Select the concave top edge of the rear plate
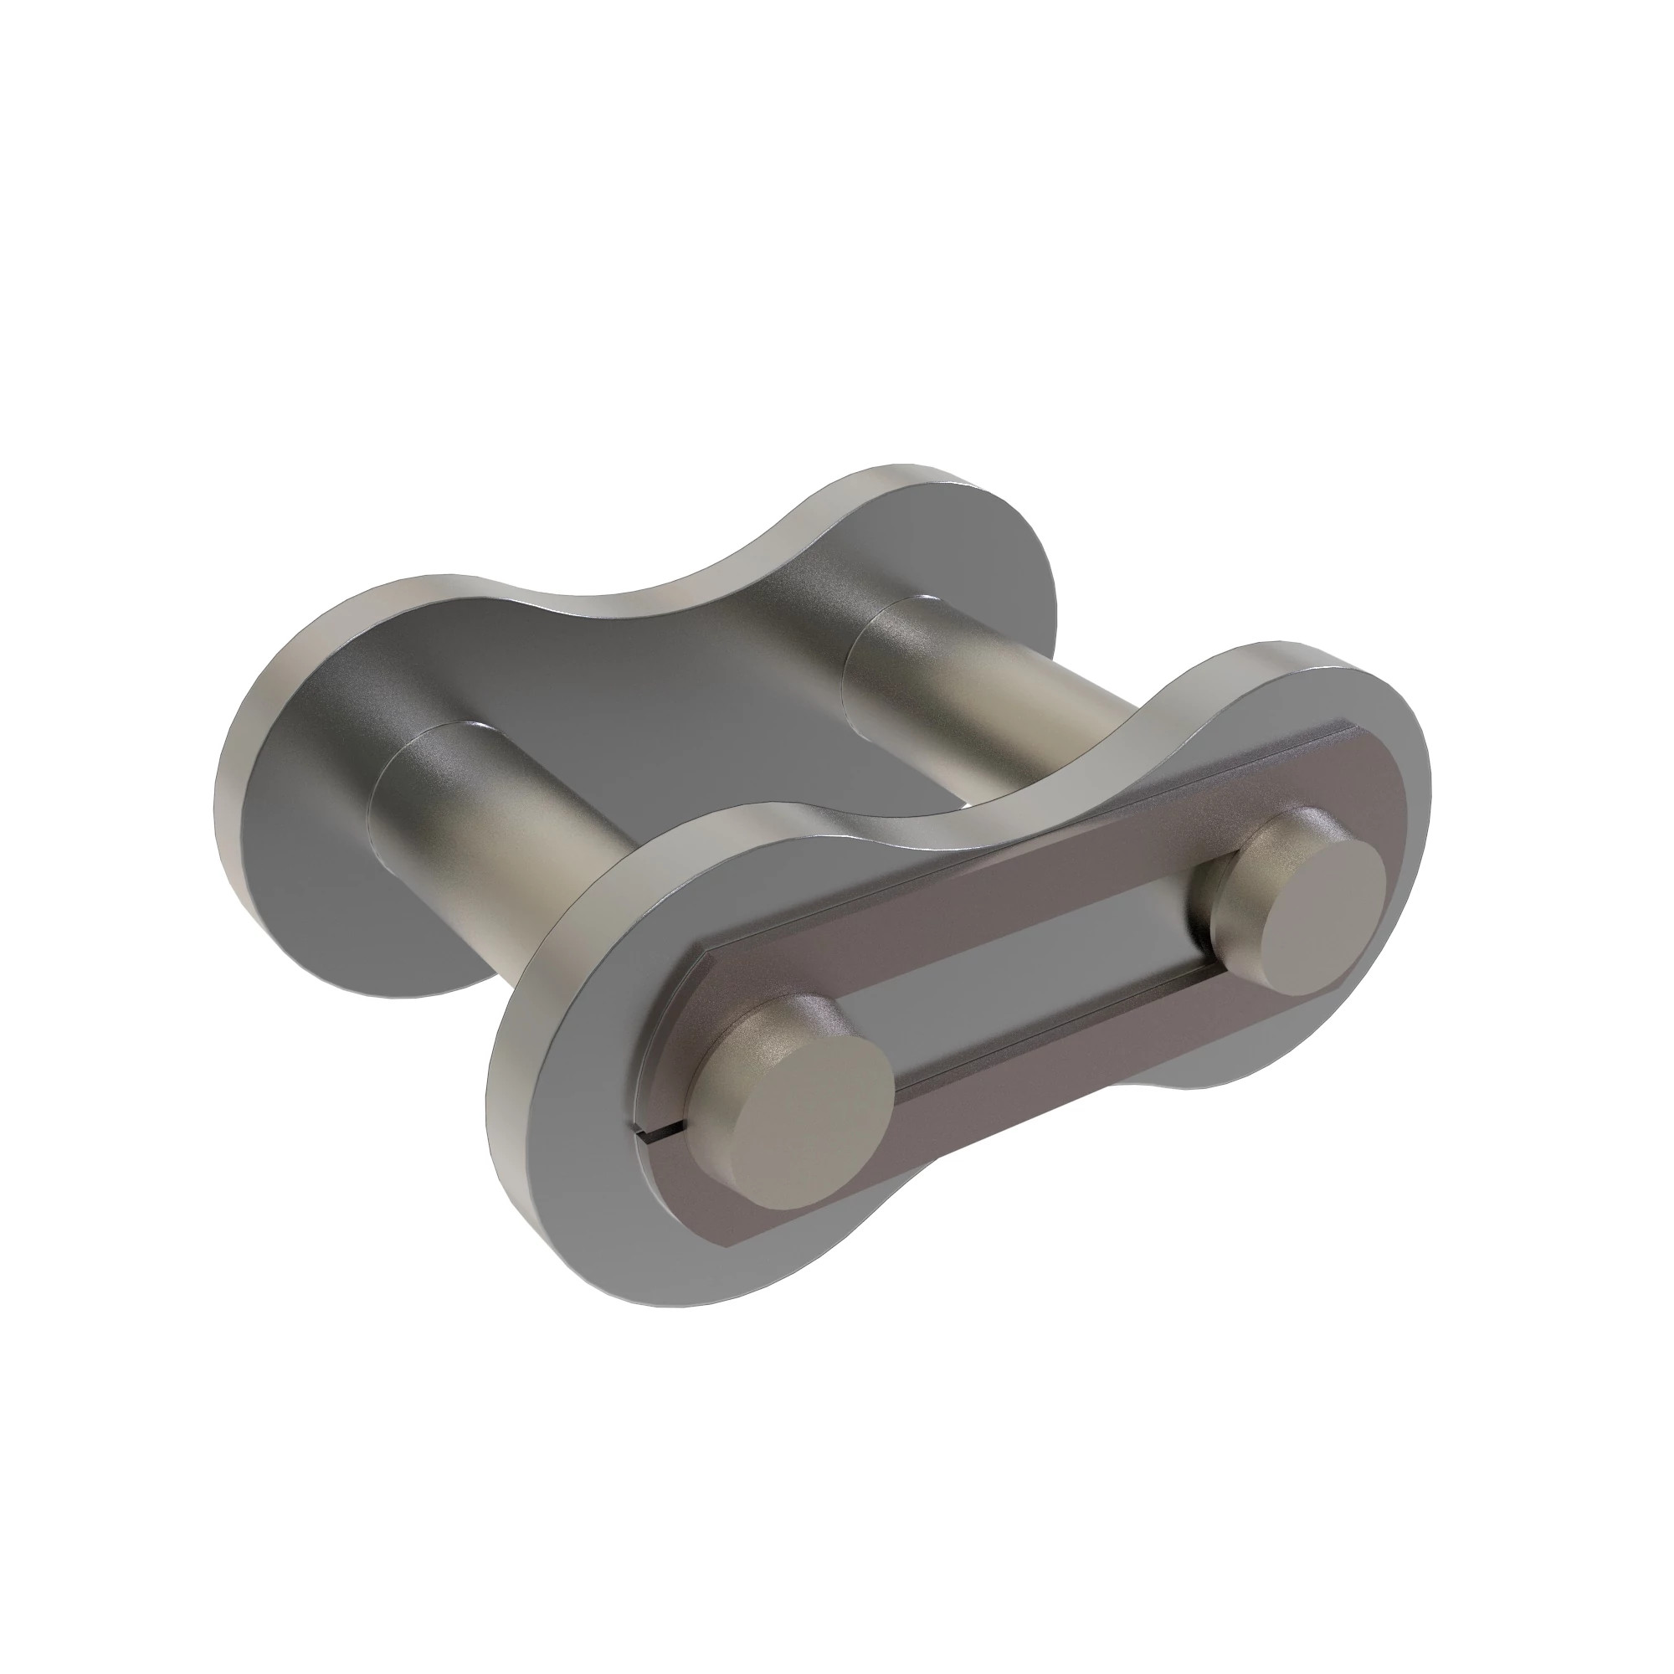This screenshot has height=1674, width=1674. (659, 607)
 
